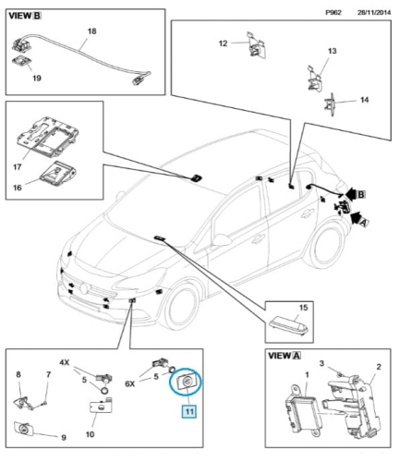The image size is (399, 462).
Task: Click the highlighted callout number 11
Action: pyautogui.click(x=189, y=411)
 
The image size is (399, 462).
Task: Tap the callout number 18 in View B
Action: pyautogui.click(x=91, y=31)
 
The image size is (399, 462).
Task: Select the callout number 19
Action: pyautogui.click(x=37, y=78)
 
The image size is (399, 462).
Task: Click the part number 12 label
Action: pyautogui.click(x=223, y=43)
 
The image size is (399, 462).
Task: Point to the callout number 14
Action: pyautogui.click(x=364, y=100)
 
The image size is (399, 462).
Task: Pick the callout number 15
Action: pyautogui.click(x=303, y=308)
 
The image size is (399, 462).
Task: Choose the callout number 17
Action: pyautogui.click(x=18, y=167)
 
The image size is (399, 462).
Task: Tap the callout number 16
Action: pyautogui.click(x=18, y=187)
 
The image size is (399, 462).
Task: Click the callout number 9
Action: pyautogui.click(x=64, y=437)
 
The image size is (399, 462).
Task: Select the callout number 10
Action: pyautogui.click(x=90, y=434)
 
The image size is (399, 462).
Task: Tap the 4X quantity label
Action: pyautogui.click(x=65, y=362)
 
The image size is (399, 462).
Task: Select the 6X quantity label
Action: pyautogui.click(x=130, y=383)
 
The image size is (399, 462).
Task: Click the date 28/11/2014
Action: pyautogui.click(x=374, y=12)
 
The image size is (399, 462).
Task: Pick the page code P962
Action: pyautogui.click(x=333, y=12)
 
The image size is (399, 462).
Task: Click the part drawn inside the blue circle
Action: pyautogui.click(x=185, y=383)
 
